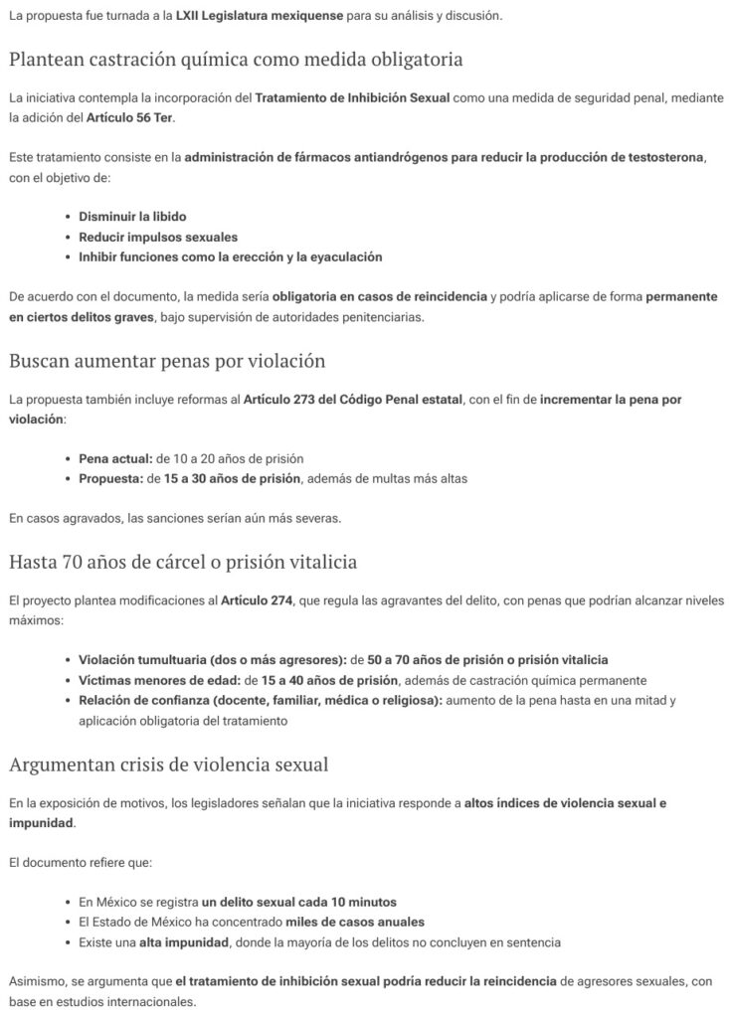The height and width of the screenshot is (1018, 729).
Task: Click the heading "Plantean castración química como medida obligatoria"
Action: (236, 59)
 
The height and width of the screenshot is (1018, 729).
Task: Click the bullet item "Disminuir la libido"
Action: (132, 216)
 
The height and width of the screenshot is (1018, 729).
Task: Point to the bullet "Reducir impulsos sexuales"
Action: (158, 237)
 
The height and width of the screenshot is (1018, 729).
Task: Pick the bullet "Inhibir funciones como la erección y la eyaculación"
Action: (230, 256)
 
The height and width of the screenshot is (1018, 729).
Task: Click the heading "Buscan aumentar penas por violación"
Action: (167, 360)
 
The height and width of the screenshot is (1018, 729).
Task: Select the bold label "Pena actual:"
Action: (115, 458)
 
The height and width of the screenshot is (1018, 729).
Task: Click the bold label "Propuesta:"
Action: (110, 478)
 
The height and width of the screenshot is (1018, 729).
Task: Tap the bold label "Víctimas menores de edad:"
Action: (158, 680)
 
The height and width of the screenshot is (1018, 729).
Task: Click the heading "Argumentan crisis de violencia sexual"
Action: (169, 763)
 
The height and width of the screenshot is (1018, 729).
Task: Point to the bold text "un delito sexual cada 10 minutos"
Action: (298, 902)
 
